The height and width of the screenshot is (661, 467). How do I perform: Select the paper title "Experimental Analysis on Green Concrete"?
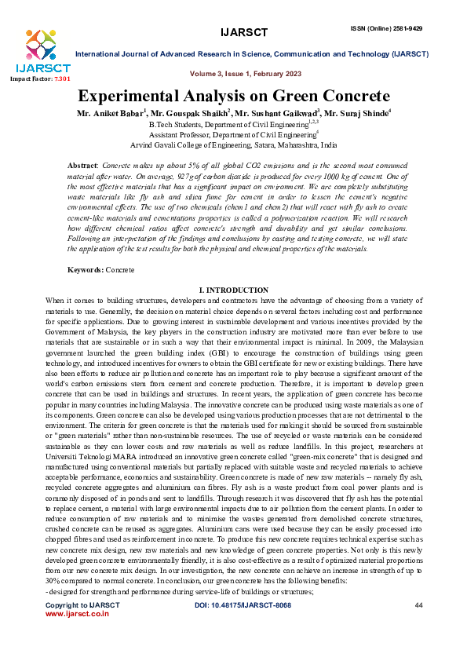233,97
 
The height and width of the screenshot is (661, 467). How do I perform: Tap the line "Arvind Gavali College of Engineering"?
233,145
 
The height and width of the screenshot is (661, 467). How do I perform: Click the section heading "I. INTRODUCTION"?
233,290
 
